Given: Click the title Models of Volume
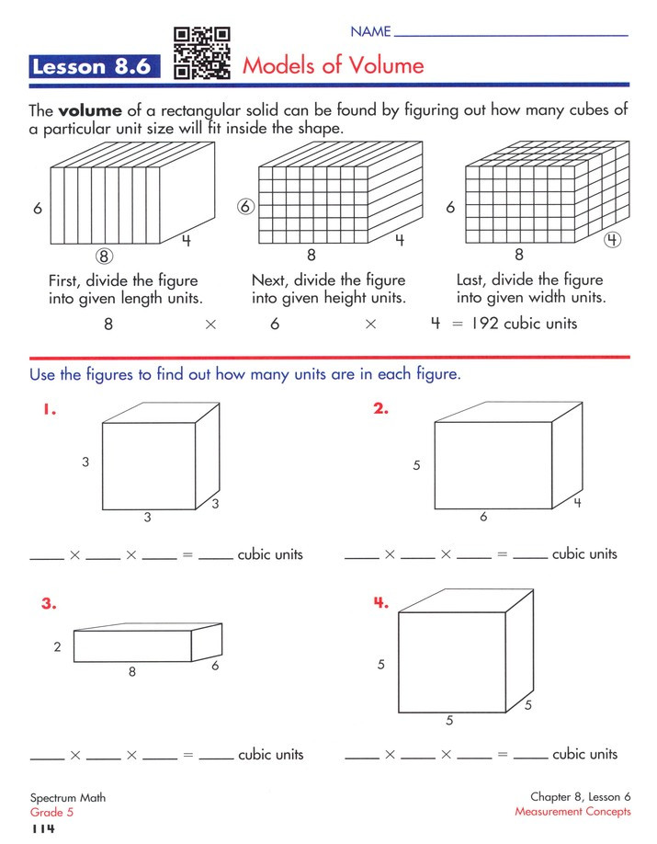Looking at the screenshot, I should pyautogui.click(x=333, y=65).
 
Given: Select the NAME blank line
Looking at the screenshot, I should pyautogui.click(x=510, y=35).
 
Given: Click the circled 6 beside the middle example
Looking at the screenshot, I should pyautogui.click(x=245, y=207).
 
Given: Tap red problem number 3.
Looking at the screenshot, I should pyautogui.click(x=49, y=604).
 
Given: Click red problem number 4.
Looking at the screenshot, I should pyautogui.click(x=381, y=604).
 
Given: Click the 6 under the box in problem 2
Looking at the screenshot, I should pyautogui.click(x=483, y=518).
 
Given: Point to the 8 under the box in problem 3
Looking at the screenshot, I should pyautogui.click(x=131, y=672).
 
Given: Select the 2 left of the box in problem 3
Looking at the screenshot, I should pyautogui.click(x=57, y=647).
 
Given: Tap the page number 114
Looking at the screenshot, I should pyautogui.click(x=43, y=829).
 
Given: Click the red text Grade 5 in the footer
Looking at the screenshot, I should pyautogui.click(x=52, y=812).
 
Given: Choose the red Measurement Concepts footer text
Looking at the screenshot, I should pyautogui.click(x=572, y=812).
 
